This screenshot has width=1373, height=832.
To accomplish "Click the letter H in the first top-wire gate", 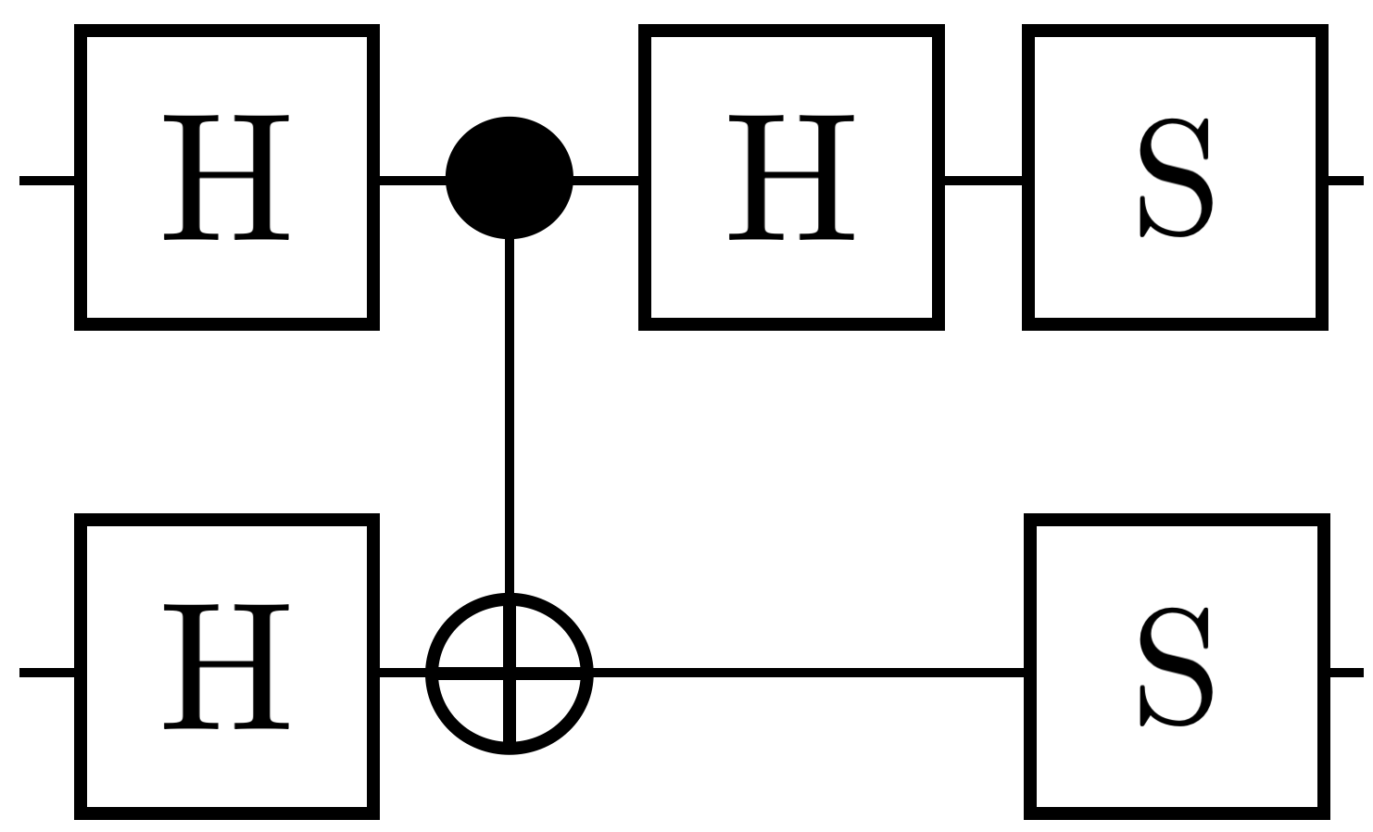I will coord(227,178).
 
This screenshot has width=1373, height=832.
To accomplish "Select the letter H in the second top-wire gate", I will coord(792,178).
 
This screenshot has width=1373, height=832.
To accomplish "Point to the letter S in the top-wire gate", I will coord(1175,178).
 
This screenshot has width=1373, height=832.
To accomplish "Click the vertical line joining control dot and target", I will coord(510,417).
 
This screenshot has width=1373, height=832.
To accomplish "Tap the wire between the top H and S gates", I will coord(984,178).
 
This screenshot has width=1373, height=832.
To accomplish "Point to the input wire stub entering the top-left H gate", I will coord(46,179).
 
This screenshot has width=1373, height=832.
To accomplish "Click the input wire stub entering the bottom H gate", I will coord(46,672).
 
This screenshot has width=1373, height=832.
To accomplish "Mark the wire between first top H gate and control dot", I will coord(412,178).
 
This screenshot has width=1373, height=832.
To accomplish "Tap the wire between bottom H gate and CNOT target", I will coord(402,672).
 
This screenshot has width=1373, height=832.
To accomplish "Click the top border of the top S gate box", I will coord(1175,32).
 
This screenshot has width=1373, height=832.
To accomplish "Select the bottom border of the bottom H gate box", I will coord(227,813).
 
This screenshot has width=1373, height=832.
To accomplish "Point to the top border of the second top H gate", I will coord(792,32).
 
